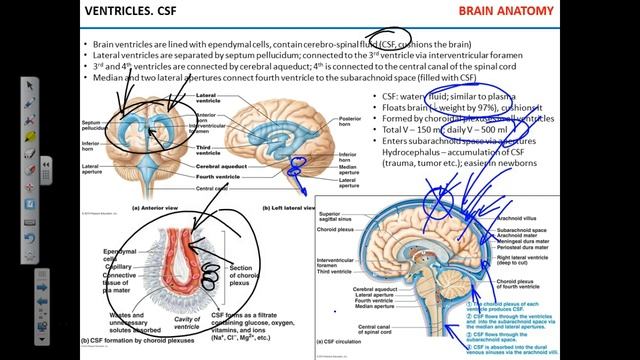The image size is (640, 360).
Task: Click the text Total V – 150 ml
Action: (414, 129)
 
